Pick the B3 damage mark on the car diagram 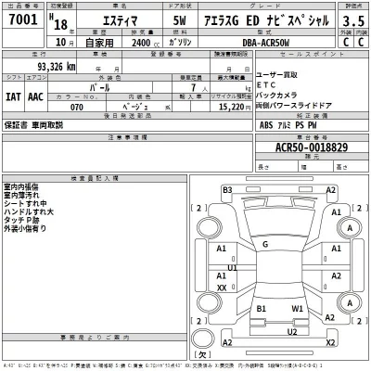tap(227, 190)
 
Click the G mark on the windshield tap(265, 243)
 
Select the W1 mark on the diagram tap(297, 307)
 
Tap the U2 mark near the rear tap(290, 331)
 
